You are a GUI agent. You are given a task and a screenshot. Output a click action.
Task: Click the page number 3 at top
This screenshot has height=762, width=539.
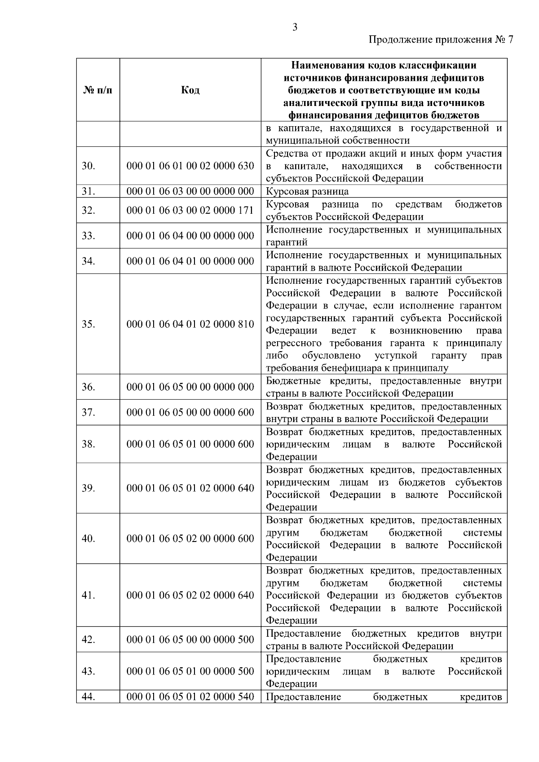[295, 28]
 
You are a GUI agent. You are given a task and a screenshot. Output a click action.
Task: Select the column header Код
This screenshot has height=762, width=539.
[190, 90]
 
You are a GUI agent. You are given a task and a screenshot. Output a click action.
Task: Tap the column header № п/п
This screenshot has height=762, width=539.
[98, 90]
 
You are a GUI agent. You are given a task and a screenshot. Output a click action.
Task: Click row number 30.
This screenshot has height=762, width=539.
[88, 166]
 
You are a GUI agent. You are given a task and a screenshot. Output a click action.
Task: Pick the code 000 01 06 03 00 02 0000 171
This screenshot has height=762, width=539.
[190, 210]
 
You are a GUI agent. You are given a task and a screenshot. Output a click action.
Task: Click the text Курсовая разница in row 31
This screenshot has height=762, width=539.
[307, 192]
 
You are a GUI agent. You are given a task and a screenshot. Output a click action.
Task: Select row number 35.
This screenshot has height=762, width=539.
[88, 324]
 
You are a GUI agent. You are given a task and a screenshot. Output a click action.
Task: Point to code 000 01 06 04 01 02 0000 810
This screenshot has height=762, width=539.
[190, 324]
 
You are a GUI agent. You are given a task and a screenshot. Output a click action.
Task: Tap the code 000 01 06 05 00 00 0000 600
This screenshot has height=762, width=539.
[190, 412]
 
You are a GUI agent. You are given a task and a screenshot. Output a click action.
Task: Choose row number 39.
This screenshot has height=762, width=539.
[88, 488]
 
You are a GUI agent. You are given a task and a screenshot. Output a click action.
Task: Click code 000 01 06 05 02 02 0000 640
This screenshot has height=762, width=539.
[190, 595]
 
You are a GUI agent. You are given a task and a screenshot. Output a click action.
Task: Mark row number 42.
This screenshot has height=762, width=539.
[88, 639]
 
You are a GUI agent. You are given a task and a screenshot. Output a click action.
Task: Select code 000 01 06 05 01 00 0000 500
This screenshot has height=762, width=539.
[190, 671]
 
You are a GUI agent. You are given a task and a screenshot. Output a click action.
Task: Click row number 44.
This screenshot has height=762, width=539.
[88, 697]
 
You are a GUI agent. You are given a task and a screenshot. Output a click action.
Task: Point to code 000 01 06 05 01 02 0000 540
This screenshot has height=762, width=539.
[190, 697]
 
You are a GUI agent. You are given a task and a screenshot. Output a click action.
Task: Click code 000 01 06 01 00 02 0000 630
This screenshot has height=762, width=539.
[190, 166]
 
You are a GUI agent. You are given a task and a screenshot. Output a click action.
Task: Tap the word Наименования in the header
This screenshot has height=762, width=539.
[324, 66]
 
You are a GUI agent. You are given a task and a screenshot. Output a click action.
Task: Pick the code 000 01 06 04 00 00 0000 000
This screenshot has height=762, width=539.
[190, 236]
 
